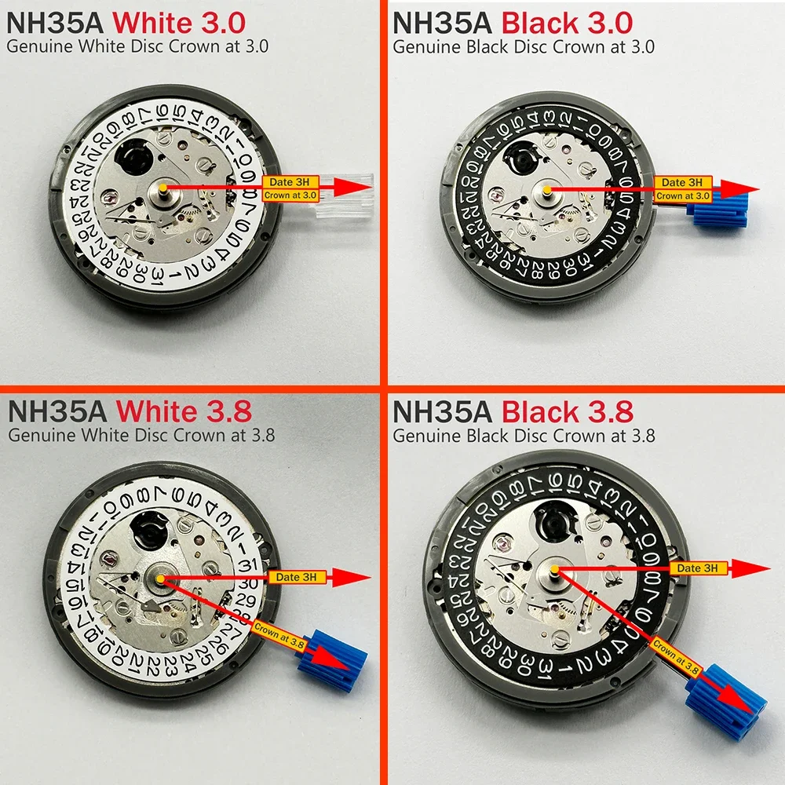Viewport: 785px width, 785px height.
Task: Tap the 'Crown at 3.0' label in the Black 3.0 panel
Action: click(x=684, y=195)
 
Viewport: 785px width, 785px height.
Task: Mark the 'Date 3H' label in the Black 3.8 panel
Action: click(x=697, y=568)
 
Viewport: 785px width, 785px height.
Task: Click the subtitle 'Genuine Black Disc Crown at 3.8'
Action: click(x=524, y=435)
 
